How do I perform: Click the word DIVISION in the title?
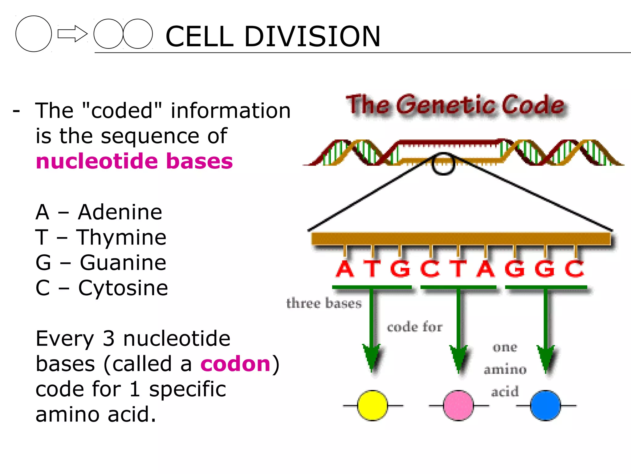pos(312,37)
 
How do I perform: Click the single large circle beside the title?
pos(34,34)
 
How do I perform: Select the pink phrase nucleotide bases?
pos(134,161)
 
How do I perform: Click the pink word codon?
pos(235,364)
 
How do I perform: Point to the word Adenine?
pos(120,212)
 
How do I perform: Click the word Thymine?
pos(121,237)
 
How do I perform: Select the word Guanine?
pos(123,263)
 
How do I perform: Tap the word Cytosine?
pos(123,288)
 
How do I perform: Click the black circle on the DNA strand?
pos(443,164)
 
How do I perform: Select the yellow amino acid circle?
pos(372,405)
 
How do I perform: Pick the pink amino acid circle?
pos(458,405)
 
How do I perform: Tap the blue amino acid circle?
pos(545,405)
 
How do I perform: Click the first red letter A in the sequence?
pos(345,269)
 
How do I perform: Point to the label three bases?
pos(324,303)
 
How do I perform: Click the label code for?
pos(414,327)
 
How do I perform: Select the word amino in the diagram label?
pos(505,369)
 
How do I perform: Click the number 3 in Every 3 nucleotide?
pos(108,339)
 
